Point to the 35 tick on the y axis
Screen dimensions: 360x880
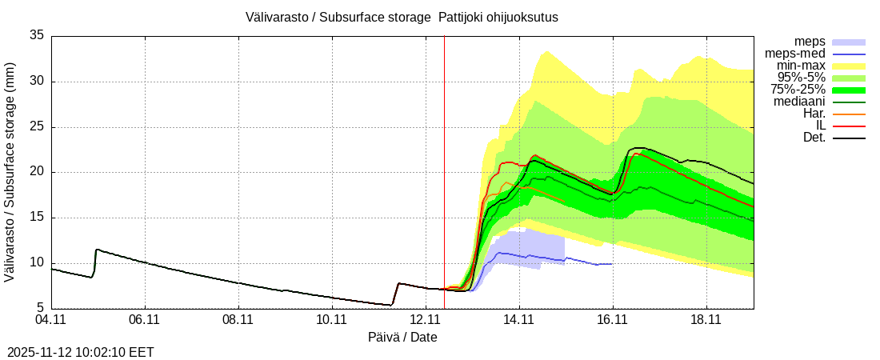tap(37, 35)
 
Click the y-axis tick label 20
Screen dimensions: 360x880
tap(37, 172)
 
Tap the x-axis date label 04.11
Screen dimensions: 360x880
tap(51, 320)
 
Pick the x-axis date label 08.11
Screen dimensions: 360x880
tap(238, 320)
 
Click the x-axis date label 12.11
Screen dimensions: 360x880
tap(426, 320)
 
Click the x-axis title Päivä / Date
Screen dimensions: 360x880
tap(402, 337)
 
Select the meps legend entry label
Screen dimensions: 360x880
tap(810, 42)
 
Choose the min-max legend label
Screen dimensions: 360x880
tap(802, 66)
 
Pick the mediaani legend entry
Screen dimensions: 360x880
tap(799, 102)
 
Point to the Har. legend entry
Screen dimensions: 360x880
tap(814, 114)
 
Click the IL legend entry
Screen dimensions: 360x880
tap(820, 126)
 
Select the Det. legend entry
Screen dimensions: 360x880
tap(814, 138)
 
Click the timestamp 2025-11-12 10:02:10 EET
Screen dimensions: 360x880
tap(81, 352)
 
